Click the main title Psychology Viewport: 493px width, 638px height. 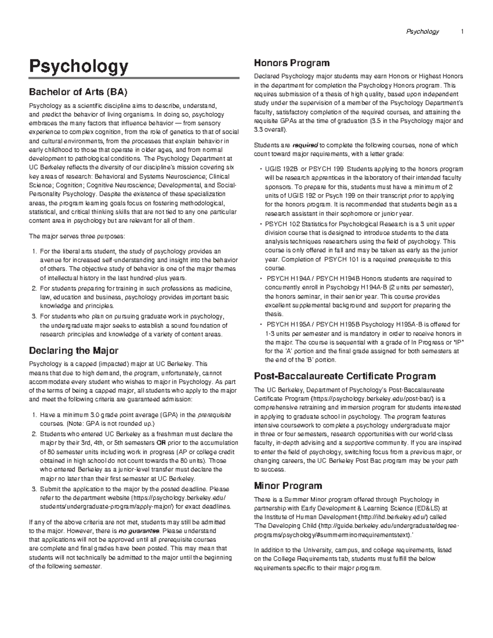pos(78,67)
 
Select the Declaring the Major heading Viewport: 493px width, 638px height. pos(74,351)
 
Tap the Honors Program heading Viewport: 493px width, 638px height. pos(292,63)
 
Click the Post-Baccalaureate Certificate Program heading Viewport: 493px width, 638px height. pos(345,376)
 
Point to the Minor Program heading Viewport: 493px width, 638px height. pos(288,486)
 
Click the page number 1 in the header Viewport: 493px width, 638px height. pos(462,32)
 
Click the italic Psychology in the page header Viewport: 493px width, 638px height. pos(422,32)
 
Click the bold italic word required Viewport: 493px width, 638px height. pos(304,145)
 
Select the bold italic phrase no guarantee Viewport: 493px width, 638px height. pos(139,530)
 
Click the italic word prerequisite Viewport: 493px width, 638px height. pos(214,415)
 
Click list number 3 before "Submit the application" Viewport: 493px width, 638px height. pos(34,489)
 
